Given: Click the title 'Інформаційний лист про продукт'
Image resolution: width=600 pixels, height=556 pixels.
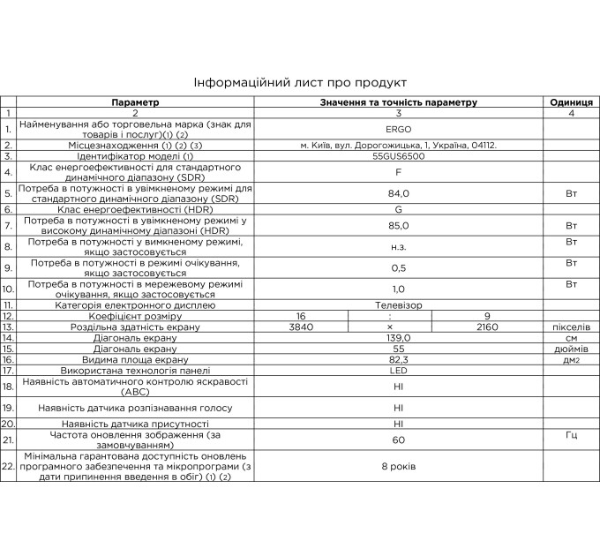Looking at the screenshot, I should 300,83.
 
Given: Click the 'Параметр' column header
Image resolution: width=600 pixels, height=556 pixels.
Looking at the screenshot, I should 136,102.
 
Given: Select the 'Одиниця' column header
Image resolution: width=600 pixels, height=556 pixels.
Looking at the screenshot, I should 571,102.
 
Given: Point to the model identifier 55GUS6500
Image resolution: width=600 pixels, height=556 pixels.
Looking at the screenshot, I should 399,155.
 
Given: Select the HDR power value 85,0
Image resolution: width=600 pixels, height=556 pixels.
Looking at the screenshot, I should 399,223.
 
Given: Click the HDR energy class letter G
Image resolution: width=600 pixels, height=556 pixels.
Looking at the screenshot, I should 399,209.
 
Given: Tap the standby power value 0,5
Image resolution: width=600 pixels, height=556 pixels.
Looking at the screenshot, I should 399,267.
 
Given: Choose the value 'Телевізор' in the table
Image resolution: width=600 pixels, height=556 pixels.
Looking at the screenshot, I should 399,304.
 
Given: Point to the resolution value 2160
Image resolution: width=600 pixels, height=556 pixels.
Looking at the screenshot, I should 487,327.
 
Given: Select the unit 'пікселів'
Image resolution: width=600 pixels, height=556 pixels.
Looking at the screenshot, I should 571,327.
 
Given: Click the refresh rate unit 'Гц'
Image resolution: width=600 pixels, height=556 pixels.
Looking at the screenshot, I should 571,437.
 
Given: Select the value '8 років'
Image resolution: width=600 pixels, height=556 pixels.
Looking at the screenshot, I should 399,465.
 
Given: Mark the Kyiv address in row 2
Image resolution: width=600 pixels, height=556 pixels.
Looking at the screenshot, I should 399,144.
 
